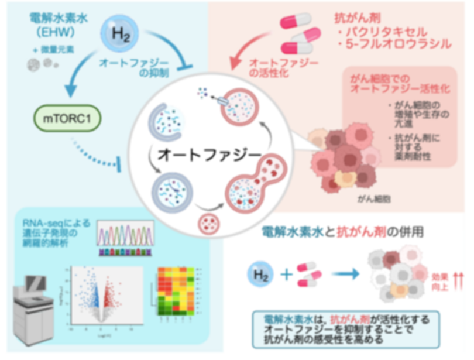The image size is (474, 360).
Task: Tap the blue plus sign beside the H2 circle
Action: point(287,273)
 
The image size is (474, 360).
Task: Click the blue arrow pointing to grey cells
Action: point(345,273)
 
